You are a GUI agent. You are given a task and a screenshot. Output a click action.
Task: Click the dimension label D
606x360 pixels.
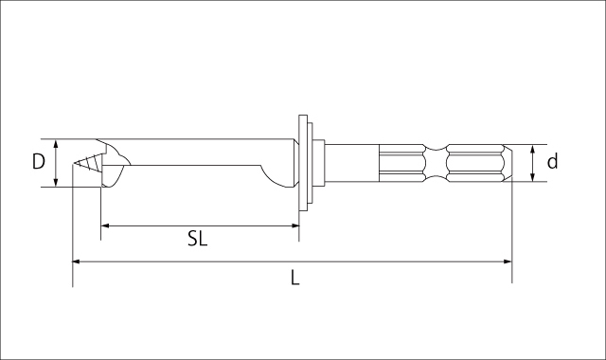pos(38,162)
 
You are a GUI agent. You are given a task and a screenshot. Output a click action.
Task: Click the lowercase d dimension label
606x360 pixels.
pos(553,162)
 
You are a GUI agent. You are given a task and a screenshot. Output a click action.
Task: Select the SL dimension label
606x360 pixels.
pos(197,239)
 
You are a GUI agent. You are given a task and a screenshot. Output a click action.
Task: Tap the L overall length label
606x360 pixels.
pos(295,278)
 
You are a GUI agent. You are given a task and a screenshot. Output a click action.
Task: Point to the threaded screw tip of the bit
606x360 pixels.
pos(86,163)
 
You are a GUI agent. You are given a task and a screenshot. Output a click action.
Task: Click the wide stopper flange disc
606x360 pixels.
pos(303,162)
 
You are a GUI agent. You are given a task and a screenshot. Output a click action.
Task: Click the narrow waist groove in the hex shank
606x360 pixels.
pos(435,163)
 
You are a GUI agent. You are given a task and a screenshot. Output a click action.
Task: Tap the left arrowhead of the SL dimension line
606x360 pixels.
pos(106,225)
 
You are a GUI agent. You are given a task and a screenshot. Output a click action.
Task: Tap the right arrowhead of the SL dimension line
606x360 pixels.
pos(294,225)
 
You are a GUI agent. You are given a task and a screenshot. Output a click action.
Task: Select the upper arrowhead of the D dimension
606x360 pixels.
pos(57,144)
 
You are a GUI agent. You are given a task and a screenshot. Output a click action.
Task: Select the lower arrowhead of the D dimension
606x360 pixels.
pos(57,181)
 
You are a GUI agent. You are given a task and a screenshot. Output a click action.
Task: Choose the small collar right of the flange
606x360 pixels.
pos(320,163)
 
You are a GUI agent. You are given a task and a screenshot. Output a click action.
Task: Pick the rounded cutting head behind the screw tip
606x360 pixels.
pos(113,164)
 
